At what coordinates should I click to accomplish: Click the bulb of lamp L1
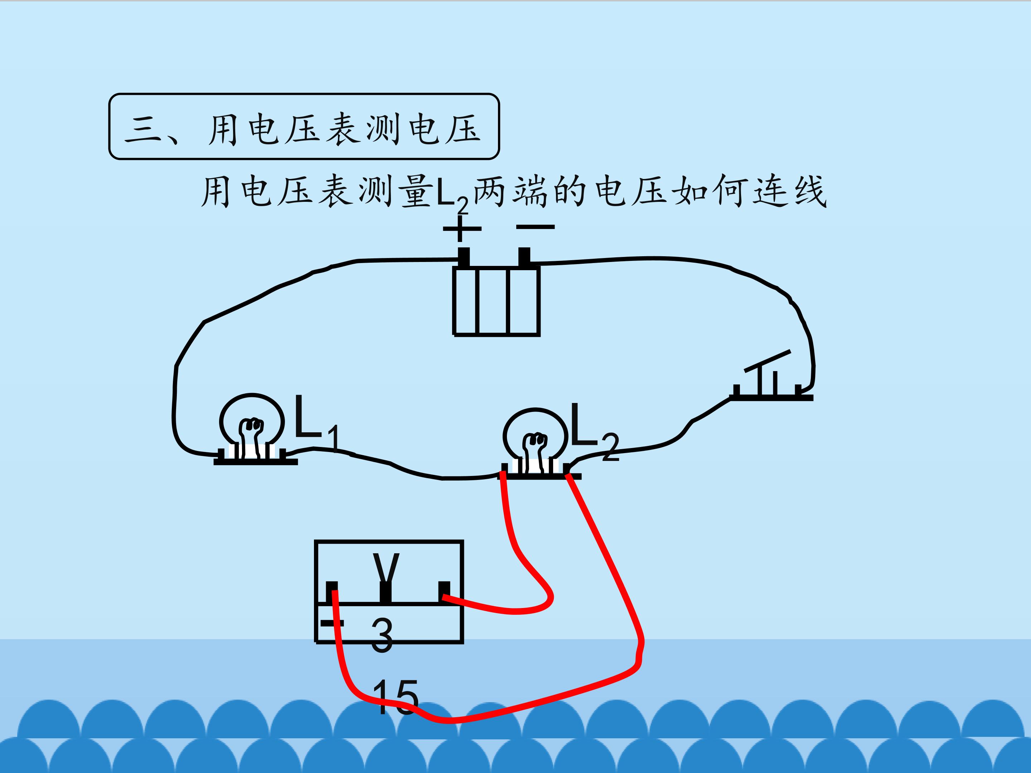[x=252, y=422]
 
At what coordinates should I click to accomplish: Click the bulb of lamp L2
[x=535, y=436]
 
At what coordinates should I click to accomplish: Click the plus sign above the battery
[x=461, y=228]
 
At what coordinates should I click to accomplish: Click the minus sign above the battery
[x=536, y=227]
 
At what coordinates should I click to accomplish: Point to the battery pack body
[x=497, y=301]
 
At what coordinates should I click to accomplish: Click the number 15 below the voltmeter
[x=395, y=697]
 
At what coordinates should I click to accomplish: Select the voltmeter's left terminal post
[x=332, y=592]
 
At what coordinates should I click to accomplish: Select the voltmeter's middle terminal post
[x=386, y=592]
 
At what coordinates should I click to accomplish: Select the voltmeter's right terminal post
[x=444, y=592]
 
